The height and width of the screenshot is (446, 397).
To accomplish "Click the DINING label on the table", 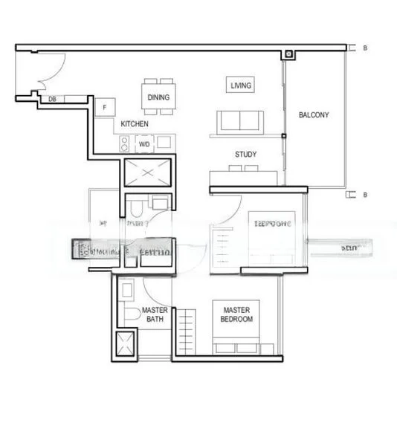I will point(158,97).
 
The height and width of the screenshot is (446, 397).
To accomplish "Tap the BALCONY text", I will point(313,115).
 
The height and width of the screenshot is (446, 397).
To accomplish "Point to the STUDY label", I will point(245,155).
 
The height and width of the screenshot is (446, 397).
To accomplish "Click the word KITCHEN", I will point(135,123).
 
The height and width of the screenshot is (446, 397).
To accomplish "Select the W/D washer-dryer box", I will point(143,143).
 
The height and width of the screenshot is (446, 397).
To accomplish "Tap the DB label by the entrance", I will point(52,99).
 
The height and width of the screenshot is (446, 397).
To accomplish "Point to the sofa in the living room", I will point(239,121).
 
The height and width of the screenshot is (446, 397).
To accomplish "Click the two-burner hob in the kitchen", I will point(124,143).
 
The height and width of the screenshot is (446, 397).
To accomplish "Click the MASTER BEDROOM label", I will point(236,314).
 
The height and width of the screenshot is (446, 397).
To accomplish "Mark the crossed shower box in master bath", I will point(124,346).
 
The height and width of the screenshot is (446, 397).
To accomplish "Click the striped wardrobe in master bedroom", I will point(187,331).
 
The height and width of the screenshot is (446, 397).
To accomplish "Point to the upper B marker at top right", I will point(365,48).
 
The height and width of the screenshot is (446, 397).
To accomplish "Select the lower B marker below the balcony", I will point(365,195).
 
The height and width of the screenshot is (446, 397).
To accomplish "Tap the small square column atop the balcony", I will point(287,55).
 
